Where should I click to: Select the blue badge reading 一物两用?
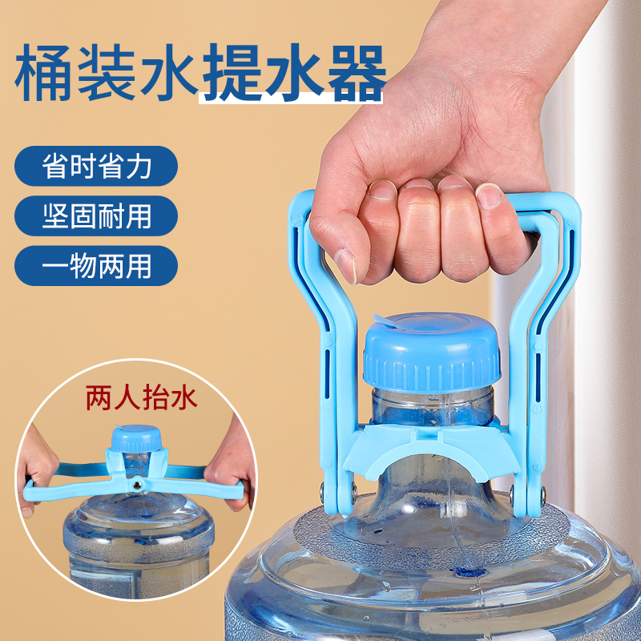(96, 265)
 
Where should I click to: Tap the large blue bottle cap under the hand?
(433, 353)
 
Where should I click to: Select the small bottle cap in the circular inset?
(136, 440)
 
